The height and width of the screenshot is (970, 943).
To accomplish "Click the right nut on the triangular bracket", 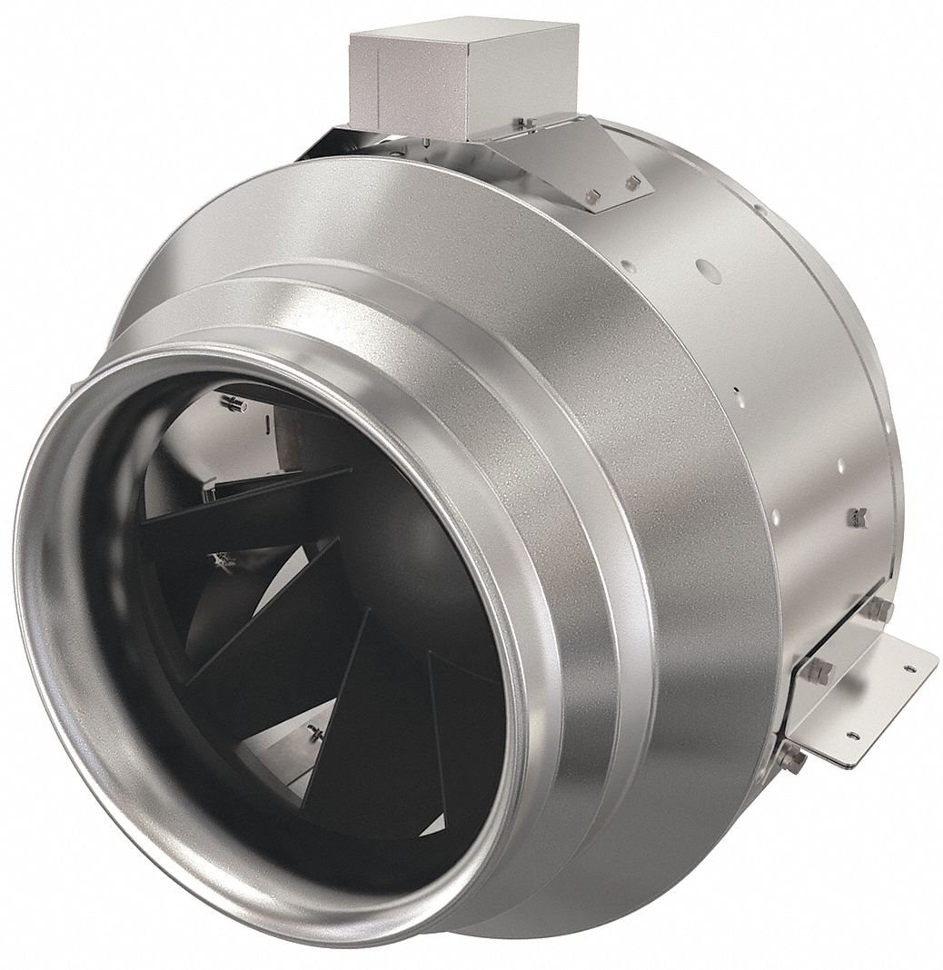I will (x=632, y=183).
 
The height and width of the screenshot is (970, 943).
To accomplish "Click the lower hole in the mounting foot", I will (x=851, y=736).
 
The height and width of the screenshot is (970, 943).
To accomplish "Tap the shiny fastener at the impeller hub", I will (x=221, y=561).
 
